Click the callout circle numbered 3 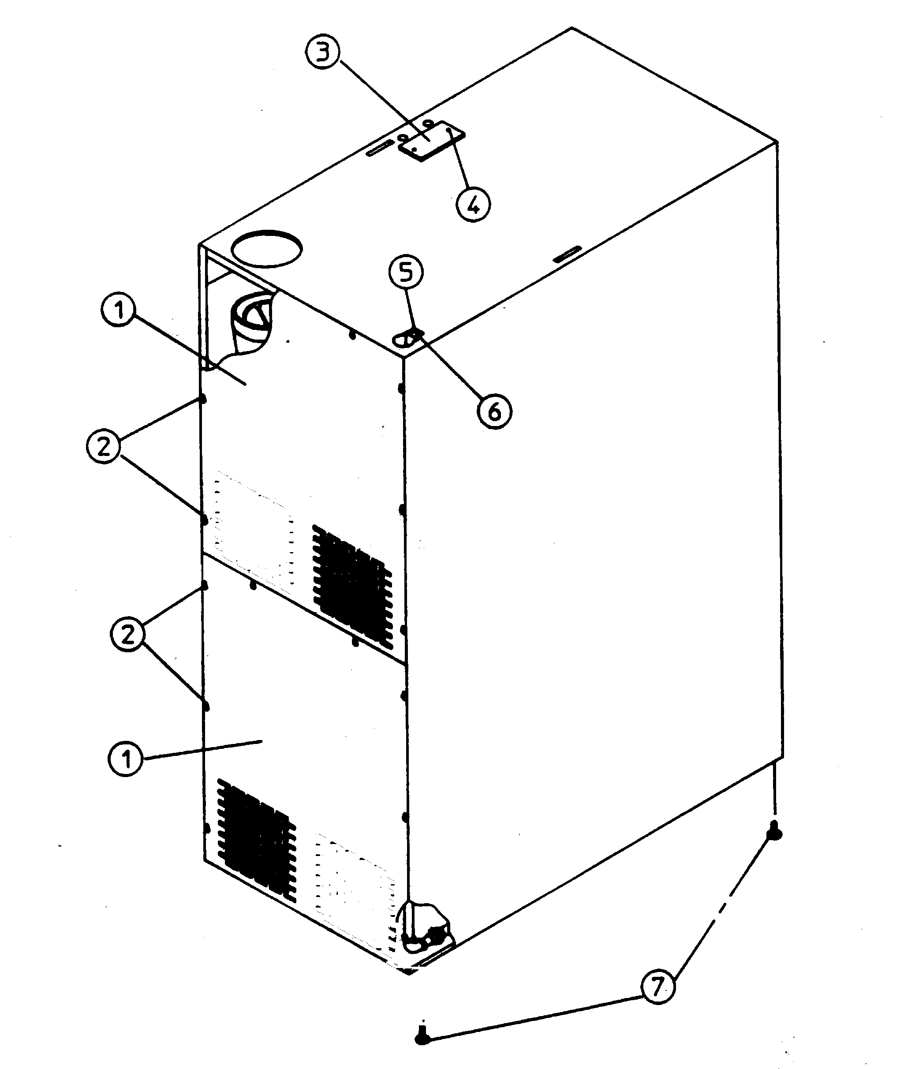(x=322, y=54)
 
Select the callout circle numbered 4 (x=473, y=204)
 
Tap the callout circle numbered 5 (x=406, y=272)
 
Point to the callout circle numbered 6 (x=494, y=411)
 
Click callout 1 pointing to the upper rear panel (x=119, y=310)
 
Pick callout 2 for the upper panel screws (x=104, y=446)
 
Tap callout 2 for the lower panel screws (x=127, y=635)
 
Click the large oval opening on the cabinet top (x=266, y=249)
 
